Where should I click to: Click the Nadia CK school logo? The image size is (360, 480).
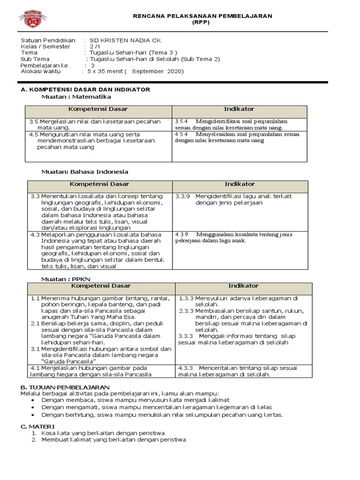click(x=33, y=20)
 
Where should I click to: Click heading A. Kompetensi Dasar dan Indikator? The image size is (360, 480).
click(x=85, y=90)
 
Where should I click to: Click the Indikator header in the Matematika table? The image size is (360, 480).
click(x=239, y=109)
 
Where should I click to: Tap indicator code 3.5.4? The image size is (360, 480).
click(x=181, y=121)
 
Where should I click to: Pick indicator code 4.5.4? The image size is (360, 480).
click(x=181, y=134)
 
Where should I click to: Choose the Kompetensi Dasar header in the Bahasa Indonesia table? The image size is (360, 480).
click(x=99, y=184)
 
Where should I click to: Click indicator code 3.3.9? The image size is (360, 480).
click(x=181, y=196)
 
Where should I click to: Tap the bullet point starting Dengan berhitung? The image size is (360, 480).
click(x=162, y=415)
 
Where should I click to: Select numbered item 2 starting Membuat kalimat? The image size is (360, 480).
click(x=113, y=440)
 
